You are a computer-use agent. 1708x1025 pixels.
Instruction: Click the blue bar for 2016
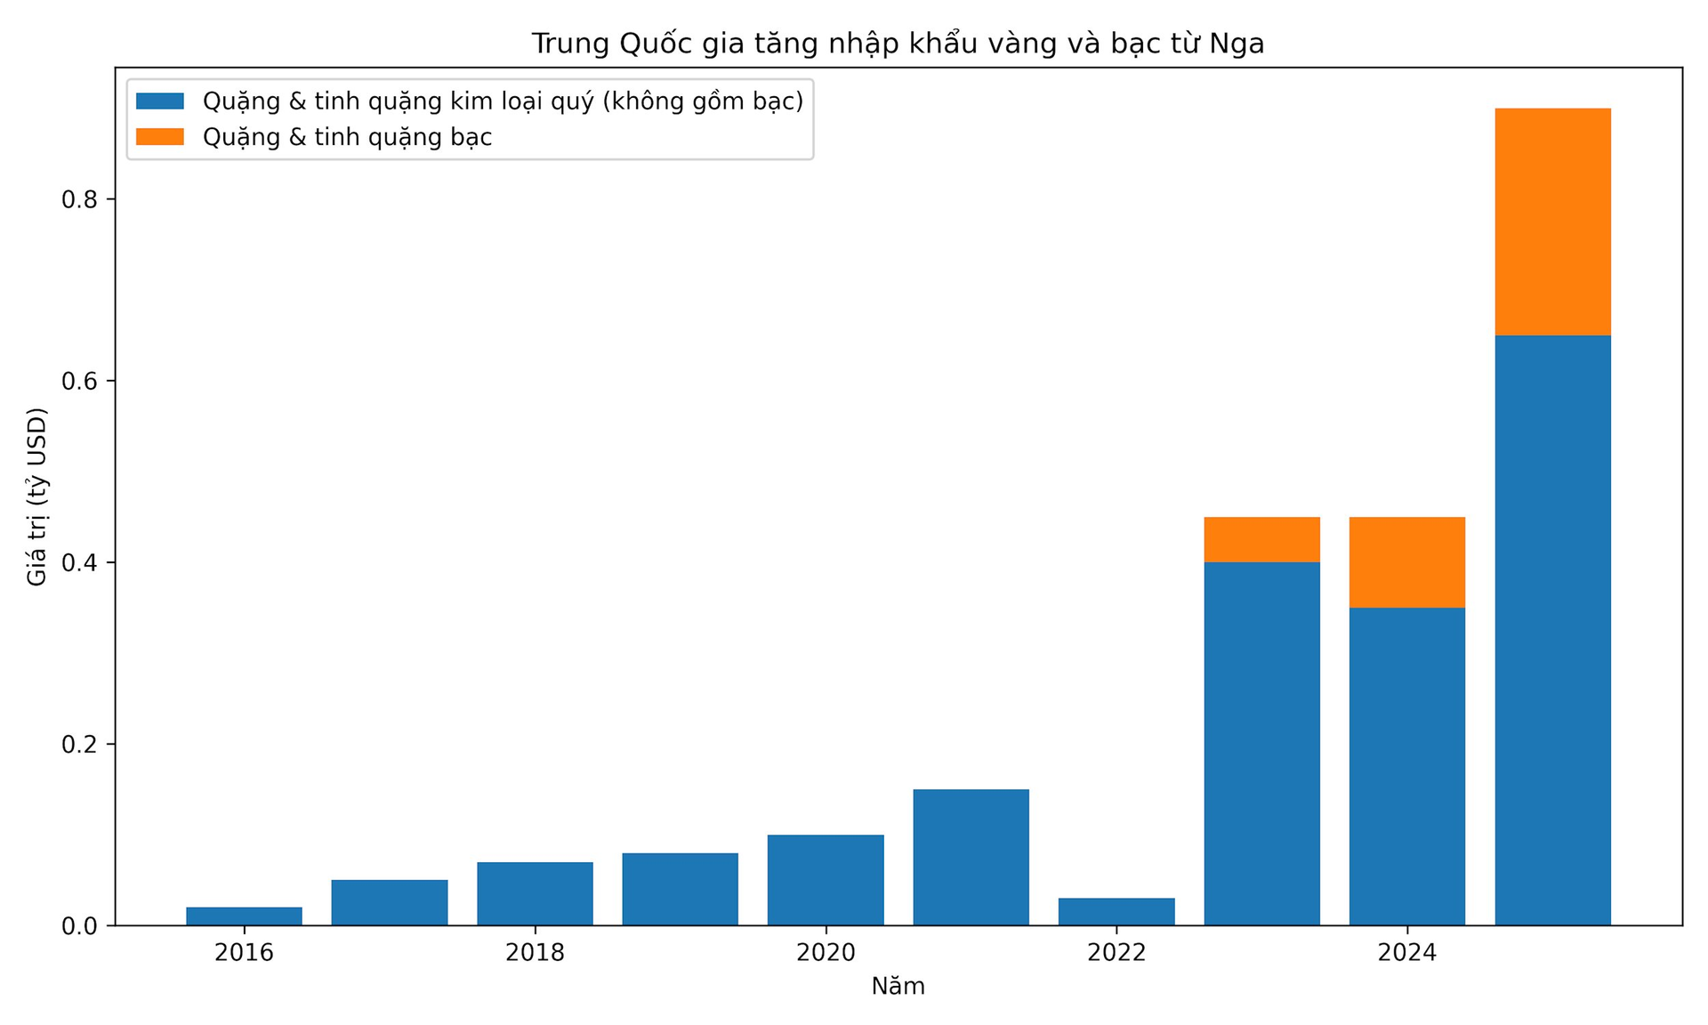click(244, 916)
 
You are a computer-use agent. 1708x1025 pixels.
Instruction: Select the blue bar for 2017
click(389, 902)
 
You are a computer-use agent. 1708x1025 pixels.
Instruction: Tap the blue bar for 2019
click(680, 889)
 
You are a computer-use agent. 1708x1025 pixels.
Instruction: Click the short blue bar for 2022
click(1116, 911)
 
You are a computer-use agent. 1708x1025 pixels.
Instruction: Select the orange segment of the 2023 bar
click(1261, 539)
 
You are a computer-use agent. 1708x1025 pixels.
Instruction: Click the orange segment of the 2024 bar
click(1406, 562)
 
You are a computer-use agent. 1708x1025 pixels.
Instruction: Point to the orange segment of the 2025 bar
click(1552, 222)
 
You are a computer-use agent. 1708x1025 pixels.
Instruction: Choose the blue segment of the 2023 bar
click(1261, 743)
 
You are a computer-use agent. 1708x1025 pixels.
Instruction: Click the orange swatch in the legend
click(160, 137)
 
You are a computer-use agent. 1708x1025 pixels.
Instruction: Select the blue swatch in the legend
click(160, 101)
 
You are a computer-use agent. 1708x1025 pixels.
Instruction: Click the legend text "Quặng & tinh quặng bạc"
click(347, 137)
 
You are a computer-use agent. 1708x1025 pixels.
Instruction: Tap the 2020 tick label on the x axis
click(826, 953)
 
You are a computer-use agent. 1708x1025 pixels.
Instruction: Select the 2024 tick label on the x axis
click(1406, 953)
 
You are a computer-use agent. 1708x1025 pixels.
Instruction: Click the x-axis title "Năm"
click(898, 986)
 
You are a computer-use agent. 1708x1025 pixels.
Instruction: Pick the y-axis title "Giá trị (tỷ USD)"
click(36, 496)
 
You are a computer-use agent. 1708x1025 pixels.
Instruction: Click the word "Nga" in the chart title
click(1237, 44)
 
